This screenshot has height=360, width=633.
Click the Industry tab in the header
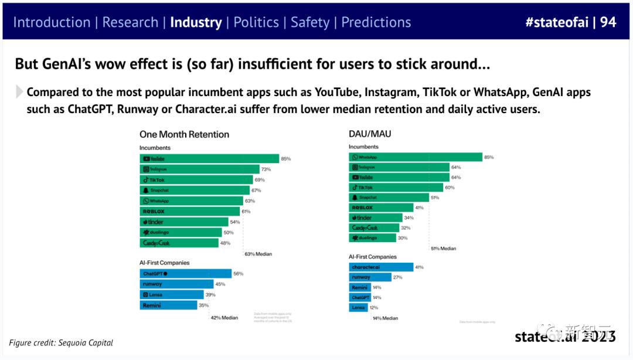tap(196, 23)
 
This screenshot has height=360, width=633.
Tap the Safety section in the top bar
tap(310, 23)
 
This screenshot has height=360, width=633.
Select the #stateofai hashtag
tap(557, 23)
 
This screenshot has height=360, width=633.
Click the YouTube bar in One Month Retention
tap(209, 159)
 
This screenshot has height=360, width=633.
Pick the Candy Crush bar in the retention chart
tap(179, 243)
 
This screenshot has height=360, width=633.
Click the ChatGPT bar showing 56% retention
tap(186, 274)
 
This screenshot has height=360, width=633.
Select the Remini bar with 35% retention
tap(169, 305)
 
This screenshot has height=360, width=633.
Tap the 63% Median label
tap(258, 254)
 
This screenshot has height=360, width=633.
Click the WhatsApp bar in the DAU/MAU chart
tap(416, 157)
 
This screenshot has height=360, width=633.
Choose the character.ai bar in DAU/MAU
tap(381, 267)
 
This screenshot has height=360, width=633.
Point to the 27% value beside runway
tap(397, 277)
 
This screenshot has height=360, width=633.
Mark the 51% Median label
tap(444, 249)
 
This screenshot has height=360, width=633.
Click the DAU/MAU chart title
tap(370, 134)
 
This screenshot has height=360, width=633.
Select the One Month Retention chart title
tap(184, 134)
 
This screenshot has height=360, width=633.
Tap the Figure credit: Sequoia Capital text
tap(61, 342)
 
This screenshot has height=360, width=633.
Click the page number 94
tap(608, 23)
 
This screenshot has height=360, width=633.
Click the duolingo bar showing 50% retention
tap(181, 232)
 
